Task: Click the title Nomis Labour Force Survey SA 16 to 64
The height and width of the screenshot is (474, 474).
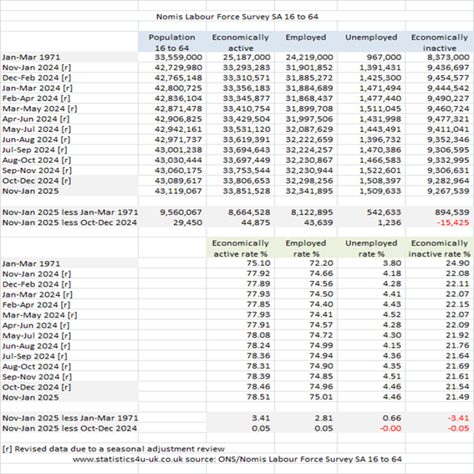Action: tap(237, 17)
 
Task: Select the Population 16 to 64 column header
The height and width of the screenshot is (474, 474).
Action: tap(171, 43)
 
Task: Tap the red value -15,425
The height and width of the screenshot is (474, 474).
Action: tap(453, 223)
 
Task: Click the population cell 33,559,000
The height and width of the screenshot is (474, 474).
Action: tap(178, 57)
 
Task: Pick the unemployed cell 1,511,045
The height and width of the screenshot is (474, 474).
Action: tap(380, 109)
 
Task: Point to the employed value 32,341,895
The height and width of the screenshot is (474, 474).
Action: tap(309, 191)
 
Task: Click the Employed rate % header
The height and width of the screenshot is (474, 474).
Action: tap(306, 248)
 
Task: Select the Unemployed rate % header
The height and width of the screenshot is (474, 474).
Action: tap(371, 248)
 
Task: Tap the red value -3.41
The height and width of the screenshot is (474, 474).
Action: tap(458, 418)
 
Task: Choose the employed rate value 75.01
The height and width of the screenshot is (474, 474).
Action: tap(321, 396)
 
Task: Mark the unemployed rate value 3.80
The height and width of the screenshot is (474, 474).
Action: tap(392, 263)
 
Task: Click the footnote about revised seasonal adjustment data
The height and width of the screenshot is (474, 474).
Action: tap(114, 449)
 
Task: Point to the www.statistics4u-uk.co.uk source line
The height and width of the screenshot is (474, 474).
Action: tap(237, 459)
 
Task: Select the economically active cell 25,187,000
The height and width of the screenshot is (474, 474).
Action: tap(247, 57)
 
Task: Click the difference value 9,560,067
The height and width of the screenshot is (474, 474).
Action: tap(181, 212)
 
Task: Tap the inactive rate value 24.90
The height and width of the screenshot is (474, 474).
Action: tap(457, 263)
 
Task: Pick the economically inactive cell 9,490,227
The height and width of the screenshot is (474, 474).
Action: tap(448, 99)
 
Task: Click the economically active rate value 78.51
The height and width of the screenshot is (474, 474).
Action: tap(258, 396)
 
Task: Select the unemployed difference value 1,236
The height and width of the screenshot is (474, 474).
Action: tap(389, 223)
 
